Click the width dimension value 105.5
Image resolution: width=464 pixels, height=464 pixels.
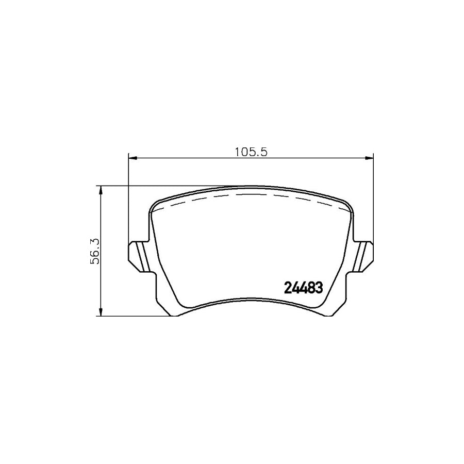[250, 152]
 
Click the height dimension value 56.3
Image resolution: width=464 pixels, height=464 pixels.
[95, 251]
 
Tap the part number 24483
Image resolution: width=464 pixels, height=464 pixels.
[304, 288]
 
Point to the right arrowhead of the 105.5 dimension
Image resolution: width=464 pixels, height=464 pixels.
[369, 157]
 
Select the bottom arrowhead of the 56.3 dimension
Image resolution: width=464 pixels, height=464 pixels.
[101, 312]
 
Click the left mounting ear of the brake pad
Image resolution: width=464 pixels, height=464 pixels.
[138, 256]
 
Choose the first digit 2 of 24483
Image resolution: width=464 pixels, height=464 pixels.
[288, 288]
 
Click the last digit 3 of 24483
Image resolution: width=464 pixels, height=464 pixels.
[319, 288]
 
